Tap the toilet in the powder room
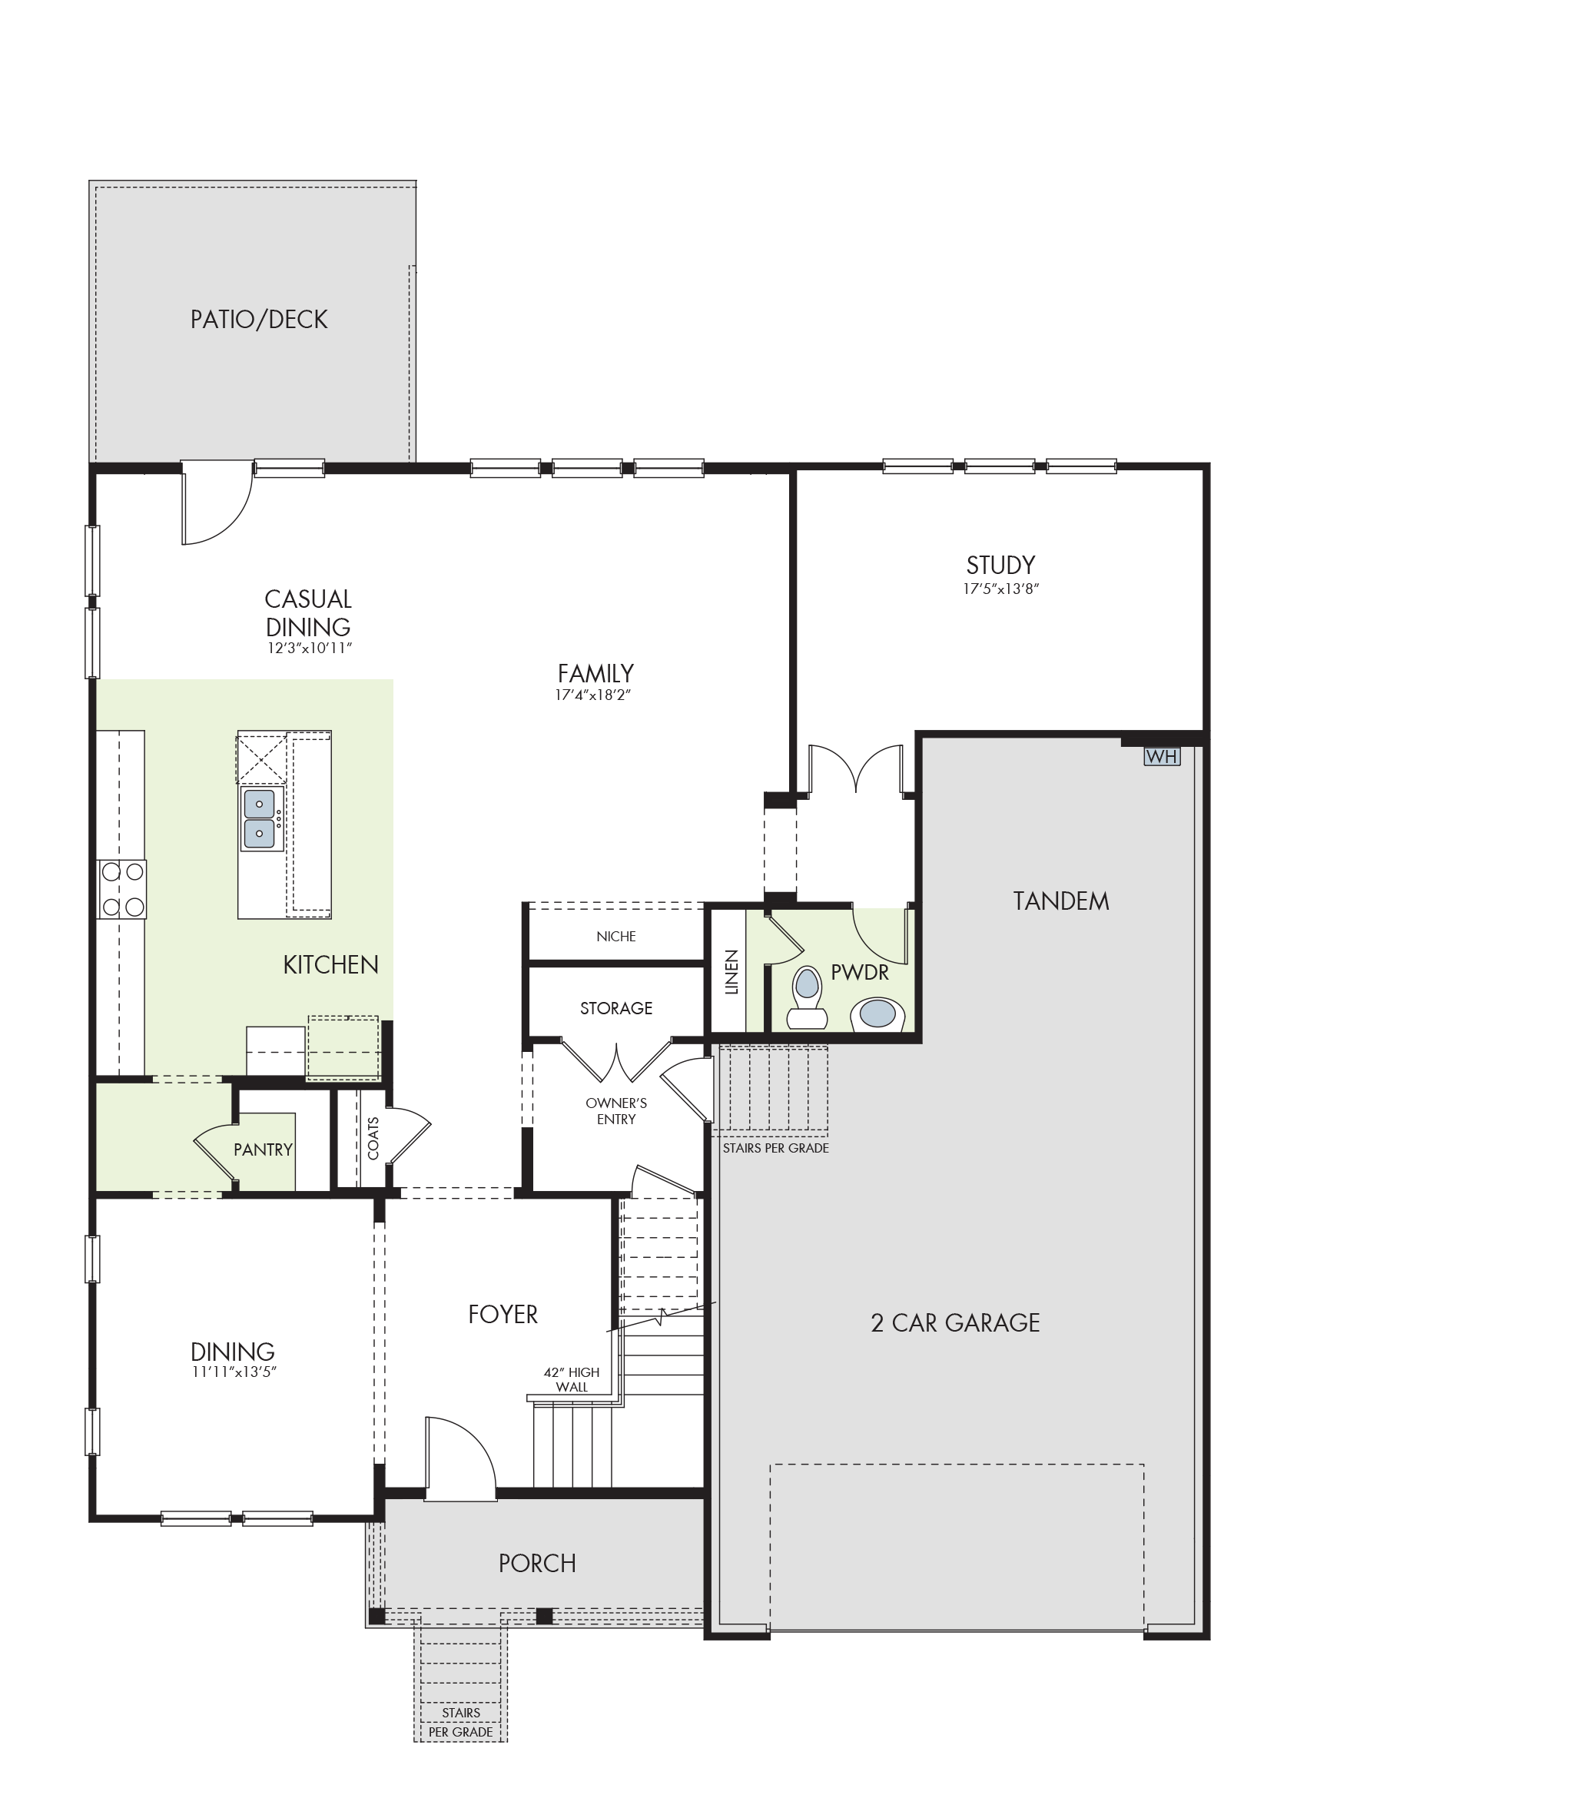pyautogui.click(x=807, y=997)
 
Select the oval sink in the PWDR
pyautogui.click(x=877, y=1014)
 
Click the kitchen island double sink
pyautogui.click(x=260, y=818)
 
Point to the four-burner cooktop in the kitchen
pyautogui.click(x=122, y=889)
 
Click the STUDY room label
pyautogui.click(x=1000, y=565)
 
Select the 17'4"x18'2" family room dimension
pyautogui.click(x=595, y=695)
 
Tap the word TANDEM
pyautogui.click(x=1061, y=901)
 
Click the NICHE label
pyautogui.click(x=616, y=936)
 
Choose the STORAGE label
pyautogui.click(x=616, y=1008)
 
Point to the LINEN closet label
pyautogui.click(x=731, y=972)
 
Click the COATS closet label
pyautogui.click(x=373, y=1138)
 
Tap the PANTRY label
pyautogui.click(x=263, y=1150)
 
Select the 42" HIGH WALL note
pyautogui.click(x=571, y=1379)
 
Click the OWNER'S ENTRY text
pyautogui.click(x=616, y=1110)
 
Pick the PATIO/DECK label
pyautogui.click(x=259, y=319)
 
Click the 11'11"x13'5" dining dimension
pyautogui.click(x=234, y=1372)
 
